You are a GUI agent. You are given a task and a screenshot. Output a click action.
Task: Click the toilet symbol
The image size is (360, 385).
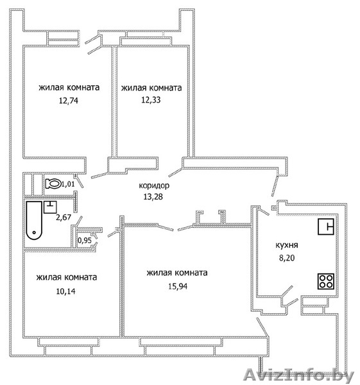53,184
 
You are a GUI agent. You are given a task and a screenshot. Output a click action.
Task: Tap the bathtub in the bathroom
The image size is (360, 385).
34,220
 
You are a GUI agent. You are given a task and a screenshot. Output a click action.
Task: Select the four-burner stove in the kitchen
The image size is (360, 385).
326,281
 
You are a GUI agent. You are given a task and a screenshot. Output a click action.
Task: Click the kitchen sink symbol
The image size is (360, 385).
326,227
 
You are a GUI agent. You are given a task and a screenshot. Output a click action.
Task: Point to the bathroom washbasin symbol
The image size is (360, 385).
50,207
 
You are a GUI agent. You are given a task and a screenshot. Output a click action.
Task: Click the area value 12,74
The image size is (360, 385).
69,101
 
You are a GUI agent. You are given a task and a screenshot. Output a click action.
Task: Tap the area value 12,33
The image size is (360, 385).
151,100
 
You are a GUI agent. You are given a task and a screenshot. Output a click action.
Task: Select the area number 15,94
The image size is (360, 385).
178,286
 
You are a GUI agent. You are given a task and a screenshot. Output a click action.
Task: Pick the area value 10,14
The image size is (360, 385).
66,291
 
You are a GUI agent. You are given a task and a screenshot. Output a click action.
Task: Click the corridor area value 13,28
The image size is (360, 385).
153,197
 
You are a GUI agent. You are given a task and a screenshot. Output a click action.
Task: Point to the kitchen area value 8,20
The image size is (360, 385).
287,258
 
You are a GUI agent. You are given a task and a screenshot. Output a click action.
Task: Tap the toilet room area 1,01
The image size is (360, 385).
68,184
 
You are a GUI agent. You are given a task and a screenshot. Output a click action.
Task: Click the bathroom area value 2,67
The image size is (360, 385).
64,217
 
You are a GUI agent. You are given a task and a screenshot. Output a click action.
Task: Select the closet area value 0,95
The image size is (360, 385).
85,240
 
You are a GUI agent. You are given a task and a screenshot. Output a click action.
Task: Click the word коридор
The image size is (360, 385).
154,185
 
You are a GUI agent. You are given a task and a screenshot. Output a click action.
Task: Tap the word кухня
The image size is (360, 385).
287,245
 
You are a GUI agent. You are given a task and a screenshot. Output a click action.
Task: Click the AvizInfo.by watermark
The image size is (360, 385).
299,375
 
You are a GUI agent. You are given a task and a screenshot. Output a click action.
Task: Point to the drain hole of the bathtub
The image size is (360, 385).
34,232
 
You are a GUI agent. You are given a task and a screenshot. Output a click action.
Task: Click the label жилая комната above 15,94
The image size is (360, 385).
177,273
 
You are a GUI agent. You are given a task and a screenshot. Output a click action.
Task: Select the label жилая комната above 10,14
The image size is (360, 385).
67,277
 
